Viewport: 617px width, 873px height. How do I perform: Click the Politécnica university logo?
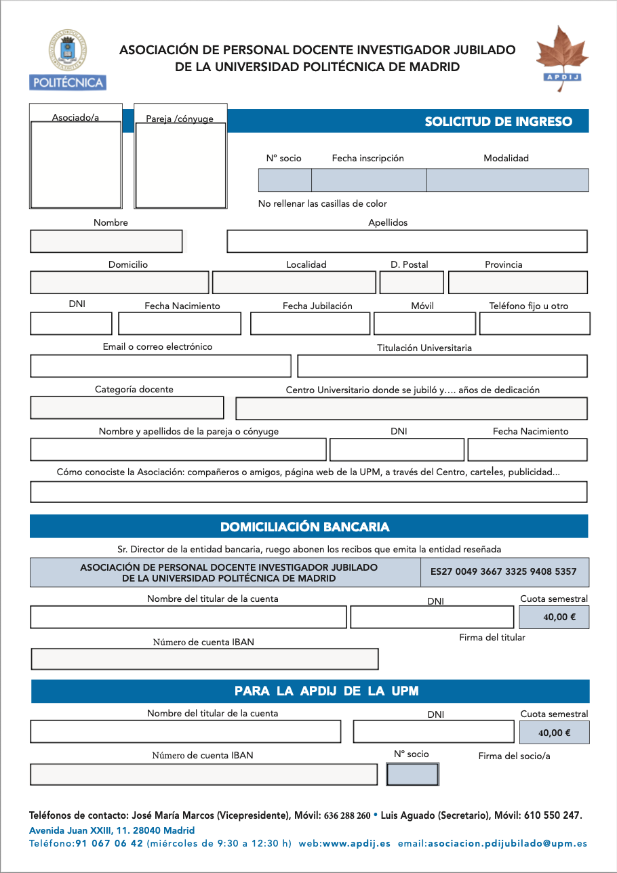[x=68, y=60]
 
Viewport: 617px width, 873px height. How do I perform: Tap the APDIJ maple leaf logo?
[x=562, y=55]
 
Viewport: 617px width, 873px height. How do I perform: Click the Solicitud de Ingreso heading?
[x=498, y=122]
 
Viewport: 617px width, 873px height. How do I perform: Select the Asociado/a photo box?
[x=76, y=164]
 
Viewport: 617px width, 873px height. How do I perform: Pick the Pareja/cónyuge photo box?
[x=180, y=165]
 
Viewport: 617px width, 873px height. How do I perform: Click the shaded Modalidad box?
[x=507, y=180]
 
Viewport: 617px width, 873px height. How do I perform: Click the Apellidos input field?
[x=407, y=241]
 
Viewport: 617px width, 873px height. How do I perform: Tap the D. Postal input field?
[x=412, y=283]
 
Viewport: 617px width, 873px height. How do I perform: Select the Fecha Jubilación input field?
[x=310, y=323]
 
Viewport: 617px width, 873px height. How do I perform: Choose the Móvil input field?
[x=424, y=323]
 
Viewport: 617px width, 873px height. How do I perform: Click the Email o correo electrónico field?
[x=160, y=366]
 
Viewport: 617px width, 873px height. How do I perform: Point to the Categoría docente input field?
[x=127, y=407]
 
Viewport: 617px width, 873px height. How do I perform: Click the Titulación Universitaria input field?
[x=442, y=366]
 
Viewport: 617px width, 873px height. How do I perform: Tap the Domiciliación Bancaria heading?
[x=305, y=527]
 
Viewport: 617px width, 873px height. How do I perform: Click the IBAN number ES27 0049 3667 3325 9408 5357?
[x=503, y=571]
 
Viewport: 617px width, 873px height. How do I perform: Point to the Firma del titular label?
[x=492, y=637]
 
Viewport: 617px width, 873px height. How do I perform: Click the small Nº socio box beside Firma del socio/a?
[x=412, y=774]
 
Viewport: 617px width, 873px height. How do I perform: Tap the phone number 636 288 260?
[x=347, y=815]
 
